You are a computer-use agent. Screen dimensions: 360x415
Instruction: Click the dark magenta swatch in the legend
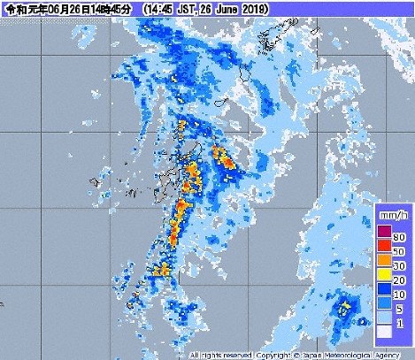[382, 232]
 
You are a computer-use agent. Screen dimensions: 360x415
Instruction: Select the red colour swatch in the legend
[382, 247]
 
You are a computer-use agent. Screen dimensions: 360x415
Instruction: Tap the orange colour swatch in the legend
[382, 262]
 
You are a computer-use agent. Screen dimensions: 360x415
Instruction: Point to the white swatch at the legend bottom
[382, 333]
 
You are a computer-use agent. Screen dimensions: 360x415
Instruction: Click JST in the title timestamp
[185, 8]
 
